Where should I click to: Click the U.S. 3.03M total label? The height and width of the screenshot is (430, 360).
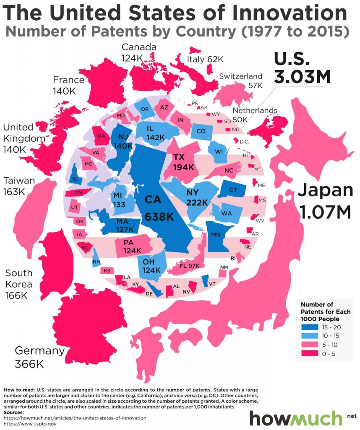pos(302,67)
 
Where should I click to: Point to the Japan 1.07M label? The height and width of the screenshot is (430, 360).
pos(325,202)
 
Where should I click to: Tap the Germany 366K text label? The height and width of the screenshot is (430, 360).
pos(40,357)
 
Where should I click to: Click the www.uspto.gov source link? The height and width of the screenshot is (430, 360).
pos(31,424)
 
